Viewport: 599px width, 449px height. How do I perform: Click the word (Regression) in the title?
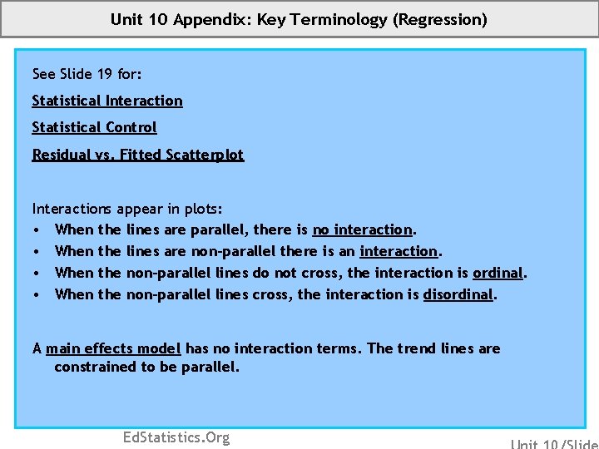[x=440, y=19]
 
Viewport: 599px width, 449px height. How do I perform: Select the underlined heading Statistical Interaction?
[x=107, y=101]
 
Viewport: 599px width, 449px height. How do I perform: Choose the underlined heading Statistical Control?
[x=94, y=127]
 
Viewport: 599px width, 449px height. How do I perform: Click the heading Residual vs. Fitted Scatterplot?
[x=138, y=155]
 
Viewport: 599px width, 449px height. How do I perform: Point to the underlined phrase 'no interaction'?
[x=363, y=229]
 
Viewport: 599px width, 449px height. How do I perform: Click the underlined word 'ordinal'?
[x=498, y=273]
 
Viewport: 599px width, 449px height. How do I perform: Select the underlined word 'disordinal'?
[x=458, y=294]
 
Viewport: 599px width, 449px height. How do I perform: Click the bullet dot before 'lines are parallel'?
[x=37, y=229]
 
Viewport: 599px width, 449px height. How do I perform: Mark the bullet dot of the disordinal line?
[x=37, y=294]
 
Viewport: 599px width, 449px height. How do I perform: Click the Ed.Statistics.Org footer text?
[x=176, y=437]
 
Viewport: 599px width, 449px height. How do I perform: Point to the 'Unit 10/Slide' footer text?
[x=553, y=443]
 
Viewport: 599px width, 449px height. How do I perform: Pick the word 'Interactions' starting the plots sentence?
[x=72, y=208]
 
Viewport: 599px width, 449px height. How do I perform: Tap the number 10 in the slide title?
[x=158, y=19]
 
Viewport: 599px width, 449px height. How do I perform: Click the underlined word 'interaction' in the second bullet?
[x=399, y=251]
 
